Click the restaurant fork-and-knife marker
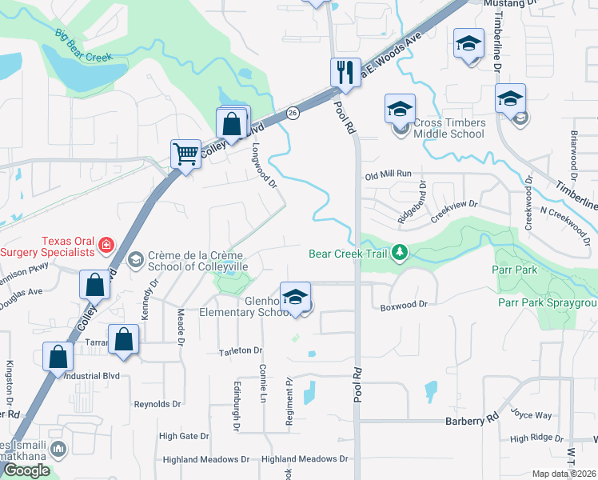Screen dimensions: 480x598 [345, 72]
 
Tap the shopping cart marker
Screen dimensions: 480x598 [186, 153]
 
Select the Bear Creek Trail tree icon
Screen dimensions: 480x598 [400, 254]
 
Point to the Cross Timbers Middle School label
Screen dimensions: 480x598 [448, 128]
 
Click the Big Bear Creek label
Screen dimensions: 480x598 [84, 47]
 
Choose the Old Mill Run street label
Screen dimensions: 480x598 [388, 174]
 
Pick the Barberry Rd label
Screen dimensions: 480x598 [472, 418]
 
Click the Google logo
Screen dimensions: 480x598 [26, 470]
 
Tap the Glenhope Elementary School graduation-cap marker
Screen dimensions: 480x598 [295, 297]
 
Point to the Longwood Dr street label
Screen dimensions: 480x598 [264, 166]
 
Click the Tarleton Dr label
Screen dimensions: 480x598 [241, 351]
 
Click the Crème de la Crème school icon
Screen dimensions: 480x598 [135, 259]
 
